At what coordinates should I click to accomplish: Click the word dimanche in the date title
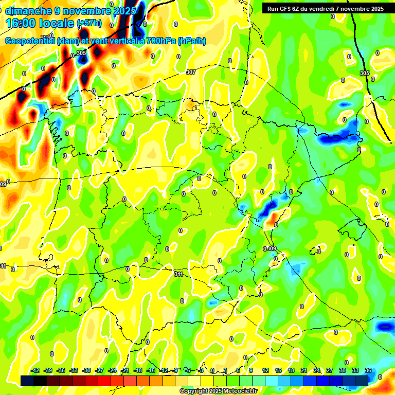[28, 11]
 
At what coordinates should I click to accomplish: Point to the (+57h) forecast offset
[89, 23]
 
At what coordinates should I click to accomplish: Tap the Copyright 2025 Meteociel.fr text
[219, 391]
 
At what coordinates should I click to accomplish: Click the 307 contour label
[191, 73]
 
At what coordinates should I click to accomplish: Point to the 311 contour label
[178, 274]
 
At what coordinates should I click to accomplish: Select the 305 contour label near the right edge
[365, 74]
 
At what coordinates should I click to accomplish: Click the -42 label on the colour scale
[35, 371]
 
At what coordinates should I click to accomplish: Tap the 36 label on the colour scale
[368, 371]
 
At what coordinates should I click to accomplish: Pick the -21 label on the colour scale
[125, 371]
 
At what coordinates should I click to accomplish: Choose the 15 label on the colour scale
[278, 371]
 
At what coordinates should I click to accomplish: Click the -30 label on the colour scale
[87, 371]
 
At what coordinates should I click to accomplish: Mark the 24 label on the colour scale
[316, 371]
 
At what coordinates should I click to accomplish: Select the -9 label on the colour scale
[175, 371]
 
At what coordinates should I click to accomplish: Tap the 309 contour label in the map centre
[271, 249]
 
